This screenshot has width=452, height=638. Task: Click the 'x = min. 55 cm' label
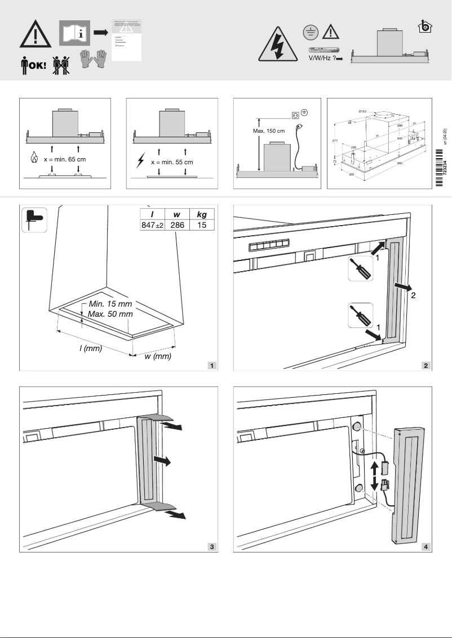[172, 162]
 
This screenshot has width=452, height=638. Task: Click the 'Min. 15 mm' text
[110, 304]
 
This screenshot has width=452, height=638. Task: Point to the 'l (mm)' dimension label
[90, 348]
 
